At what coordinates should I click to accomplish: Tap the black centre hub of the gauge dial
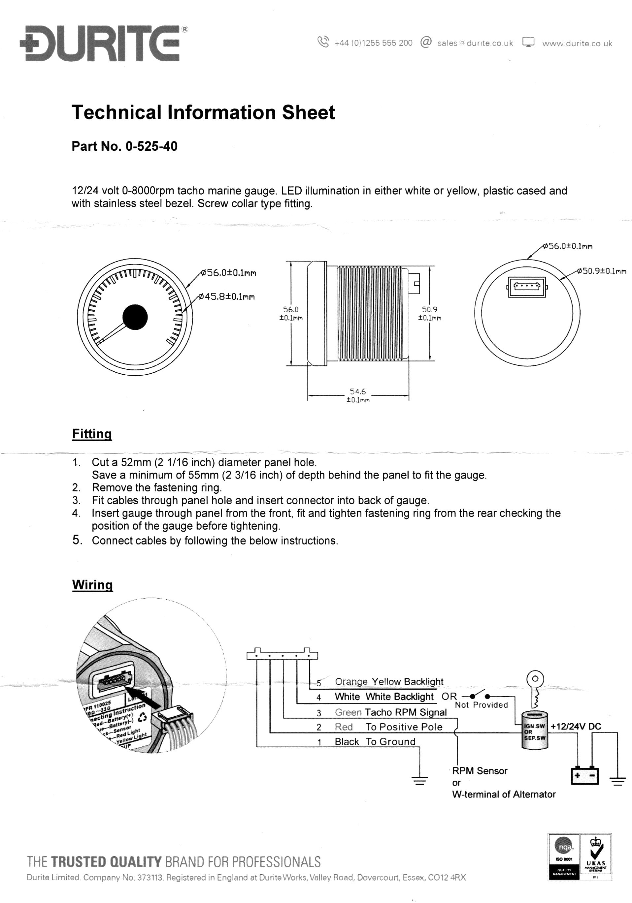pos(135,317)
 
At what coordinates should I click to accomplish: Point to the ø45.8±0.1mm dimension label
pos(227,296)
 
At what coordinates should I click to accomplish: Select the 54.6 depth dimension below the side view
pos(358,391)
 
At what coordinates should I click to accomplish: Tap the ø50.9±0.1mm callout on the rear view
pos(602,271)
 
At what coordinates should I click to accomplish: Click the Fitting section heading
pos(92,434)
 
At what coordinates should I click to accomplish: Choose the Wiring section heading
pos(92,585)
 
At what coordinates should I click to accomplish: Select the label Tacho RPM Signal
pos(406,712)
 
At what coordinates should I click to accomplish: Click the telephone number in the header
pos(373,43)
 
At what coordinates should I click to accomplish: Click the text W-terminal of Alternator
pos(504,794)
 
